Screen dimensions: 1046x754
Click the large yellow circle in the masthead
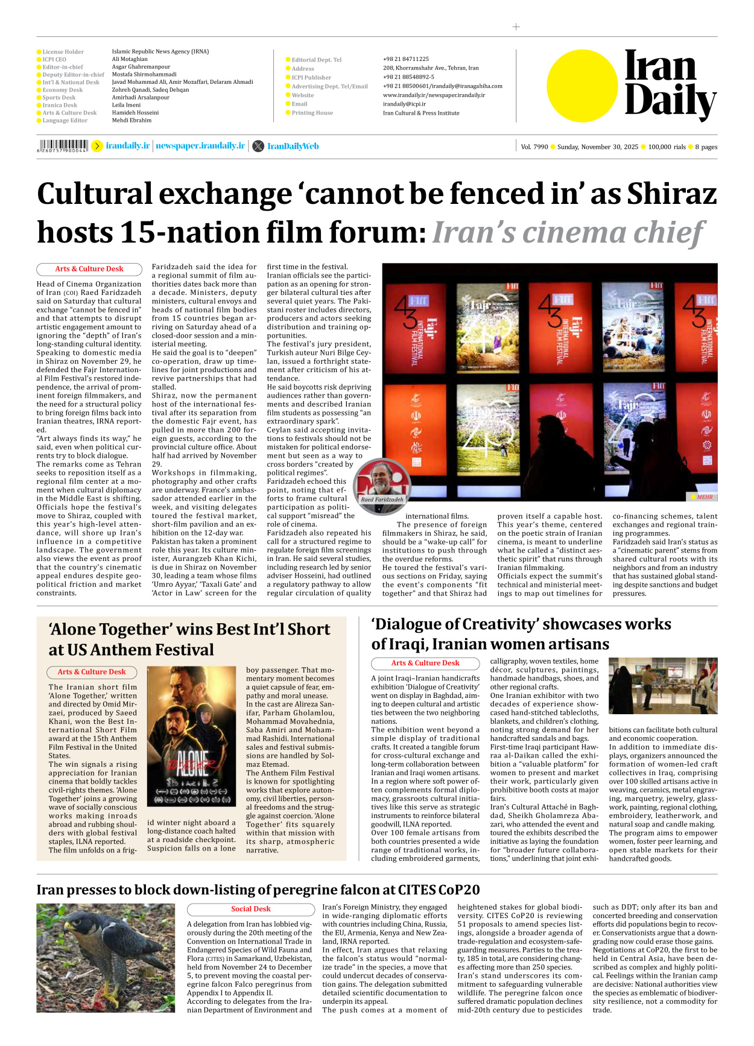pyautogui.click(x=582, y=86)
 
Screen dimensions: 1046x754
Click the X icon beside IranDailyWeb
pyautogui.click(x=258, y=146)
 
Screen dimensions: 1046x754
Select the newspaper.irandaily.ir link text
pyautogui.click(x=200, y=146)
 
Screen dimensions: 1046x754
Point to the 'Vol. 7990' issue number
pyautogui.click(x=534, y=147)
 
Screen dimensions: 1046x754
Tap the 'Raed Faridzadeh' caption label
pyautogui.click(x=382, y=499)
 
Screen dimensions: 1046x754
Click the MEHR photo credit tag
pyautogui.click(x=703, y=497)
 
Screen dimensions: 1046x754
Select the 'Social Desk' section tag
pyautogui.click(x=250, y=909)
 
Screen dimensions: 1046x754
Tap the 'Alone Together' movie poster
pyautogui.click(x=191, y=736)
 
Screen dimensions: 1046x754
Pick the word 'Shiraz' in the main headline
pyautogui.click(x=671, y=194)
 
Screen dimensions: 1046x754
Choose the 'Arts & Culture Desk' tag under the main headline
pyautogui.click(x=89, y=269)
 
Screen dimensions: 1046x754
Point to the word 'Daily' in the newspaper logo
pyautogui.click(x=670, y=101)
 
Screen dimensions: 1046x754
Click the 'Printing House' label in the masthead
pyautogui.click(x=312, y=113)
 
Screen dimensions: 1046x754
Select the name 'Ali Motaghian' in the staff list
pyautogui.click(x=130, y=59)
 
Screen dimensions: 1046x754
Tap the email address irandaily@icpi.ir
pyautogui.click(x=404, y=104)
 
